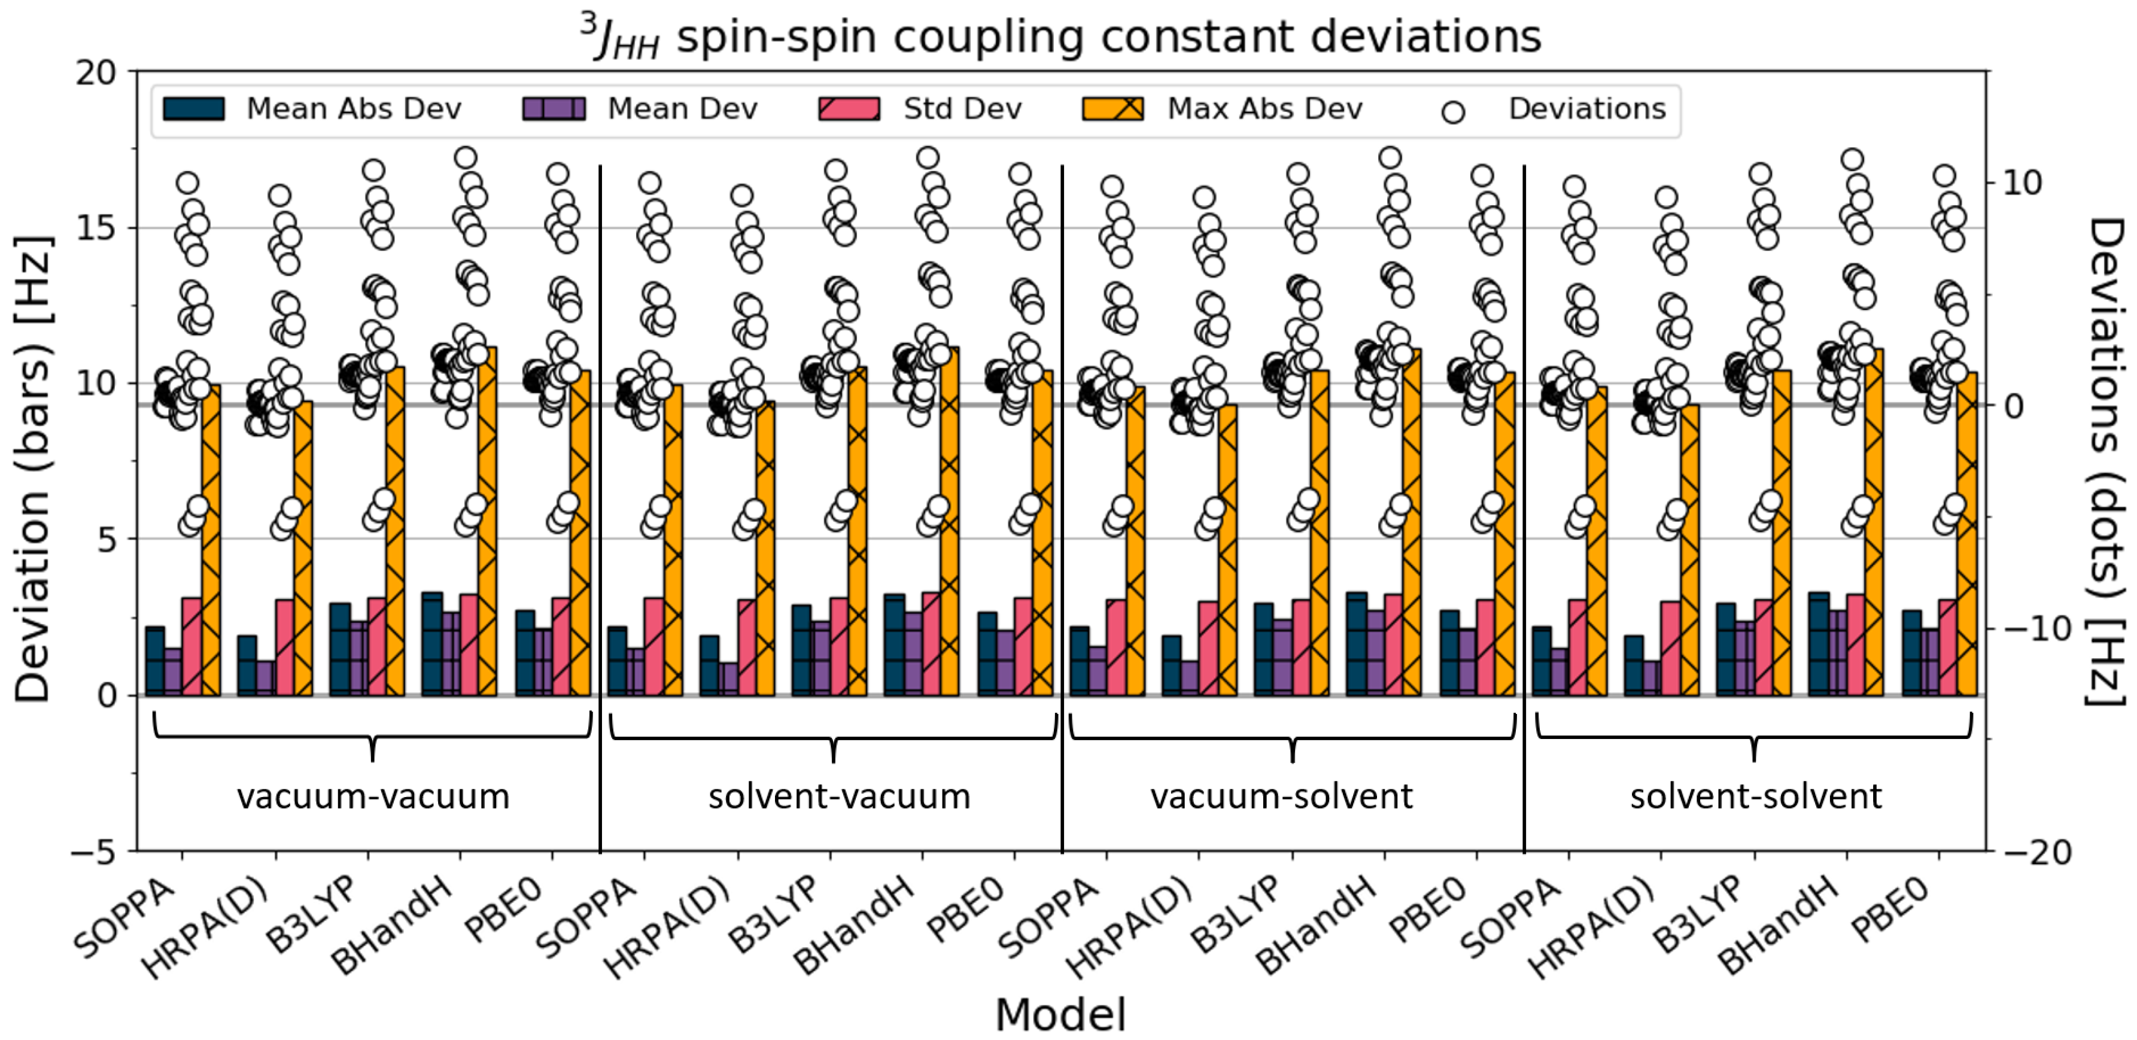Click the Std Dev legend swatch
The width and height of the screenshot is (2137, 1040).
coord(848,109)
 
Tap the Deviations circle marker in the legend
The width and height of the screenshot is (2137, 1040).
coord(1452,112)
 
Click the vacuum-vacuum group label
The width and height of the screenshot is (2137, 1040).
coord(372,797)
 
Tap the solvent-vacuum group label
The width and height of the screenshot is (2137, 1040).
coord(839,797)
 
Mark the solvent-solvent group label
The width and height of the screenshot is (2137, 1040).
coord(1755,797)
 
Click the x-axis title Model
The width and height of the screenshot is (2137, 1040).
coord(1060,1014)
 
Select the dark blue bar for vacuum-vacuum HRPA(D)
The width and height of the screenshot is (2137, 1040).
coord(247,665)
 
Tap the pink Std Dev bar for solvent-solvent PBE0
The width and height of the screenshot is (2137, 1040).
coord(1947,647)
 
